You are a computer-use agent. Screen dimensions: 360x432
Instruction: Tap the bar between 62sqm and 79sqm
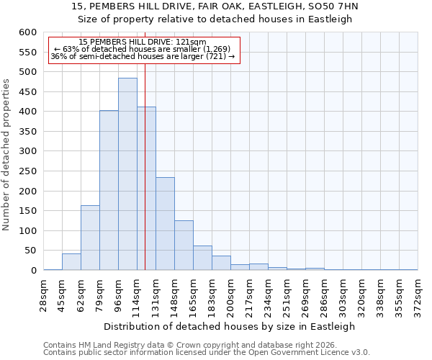click(90, 238)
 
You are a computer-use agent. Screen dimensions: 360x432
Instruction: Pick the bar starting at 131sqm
click(165, 223)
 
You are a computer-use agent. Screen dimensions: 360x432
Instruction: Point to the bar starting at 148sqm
click(184, 245)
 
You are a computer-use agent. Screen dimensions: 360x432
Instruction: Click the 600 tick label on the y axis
click(27, 32)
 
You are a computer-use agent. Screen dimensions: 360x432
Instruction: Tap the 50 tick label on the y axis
click(30, 251)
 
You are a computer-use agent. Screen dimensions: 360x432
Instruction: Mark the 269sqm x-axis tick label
click(305, 294)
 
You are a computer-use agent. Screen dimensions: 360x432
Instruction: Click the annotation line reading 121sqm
click(143, 42)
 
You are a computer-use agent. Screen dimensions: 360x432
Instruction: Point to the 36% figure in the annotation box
click(58, 56)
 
